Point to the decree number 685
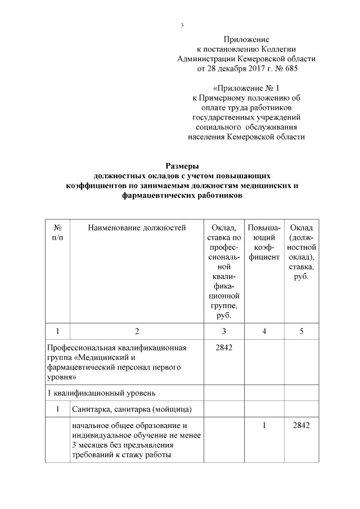289,69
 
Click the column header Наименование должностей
137,227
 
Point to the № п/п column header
57,232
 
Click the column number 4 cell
264,331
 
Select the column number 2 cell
136,331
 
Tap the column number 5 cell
301,331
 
